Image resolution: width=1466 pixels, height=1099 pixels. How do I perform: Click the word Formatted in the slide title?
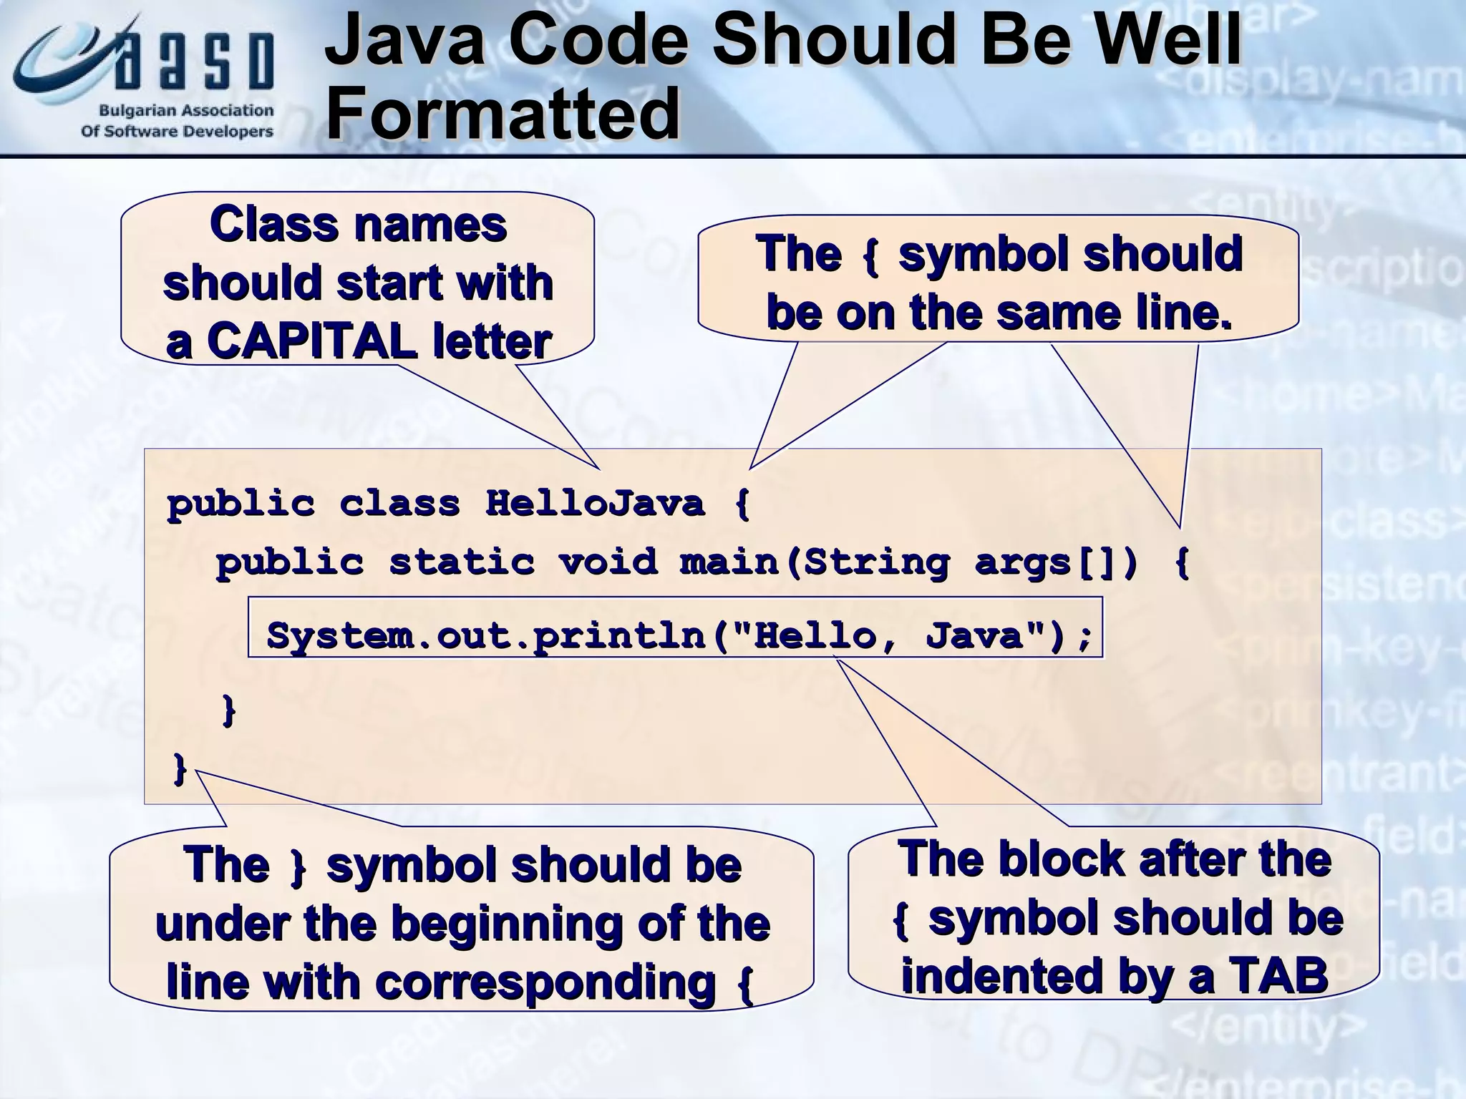tap(502, 113)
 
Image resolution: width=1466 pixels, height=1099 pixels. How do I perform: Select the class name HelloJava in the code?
tap(595, 504)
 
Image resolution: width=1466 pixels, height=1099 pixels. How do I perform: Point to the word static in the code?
tap(462, 562)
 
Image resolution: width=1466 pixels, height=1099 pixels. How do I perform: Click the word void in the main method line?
tap(608, 562)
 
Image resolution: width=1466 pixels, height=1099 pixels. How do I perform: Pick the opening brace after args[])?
tap(1183, 562)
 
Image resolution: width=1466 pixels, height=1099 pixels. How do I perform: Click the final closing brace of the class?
tap(180, 770)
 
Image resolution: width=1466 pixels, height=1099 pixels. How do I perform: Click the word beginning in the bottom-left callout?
tap(508, 923)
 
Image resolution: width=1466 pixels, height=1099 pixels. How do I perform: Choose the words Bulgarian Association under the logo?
tap(186, 111)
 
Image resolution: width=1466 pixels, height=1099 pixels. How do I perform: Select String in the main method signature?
tap(877, 562)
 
